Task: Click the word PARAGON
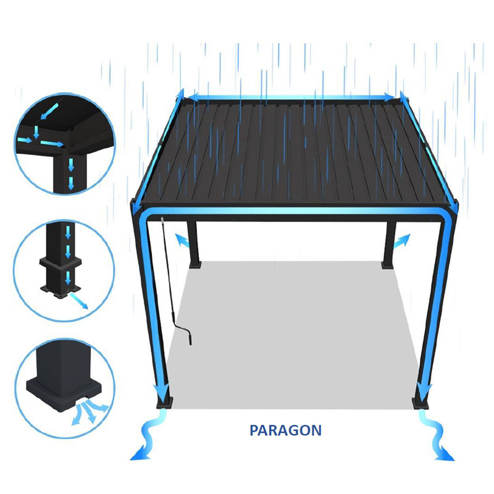(x=285, y=430)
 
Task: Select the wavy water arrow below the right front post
(x=437, y=435)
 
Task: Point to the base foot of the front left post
(x=165, y=403)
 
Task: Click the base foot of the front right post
(x=421, y=404)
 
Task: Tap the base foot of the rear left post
(x=195, y=264)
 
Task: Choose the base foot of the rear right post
(x=388, y=265)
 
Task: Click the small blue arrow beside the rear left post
(x=182, y=241)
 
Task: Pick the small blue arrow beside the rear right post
(x=402, y=241)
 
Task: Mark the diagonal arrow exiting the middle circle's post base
(x=79, y=301)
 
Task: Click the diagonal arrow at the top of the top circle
(x=49, y=112)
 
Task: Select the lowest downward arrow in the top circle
(x=71, y=183)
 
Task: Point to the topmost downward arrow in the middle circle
(x=68, y=233)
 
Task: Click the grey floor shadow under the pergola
(x=293, y=334)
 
